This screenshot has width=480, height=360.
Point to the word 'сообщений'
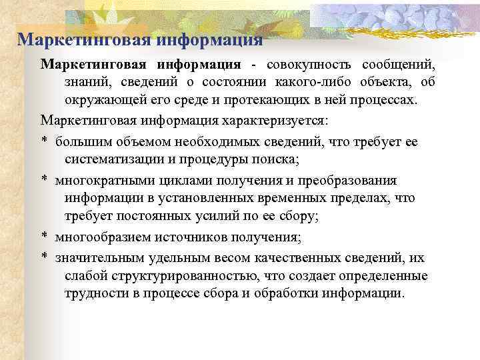399,65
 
